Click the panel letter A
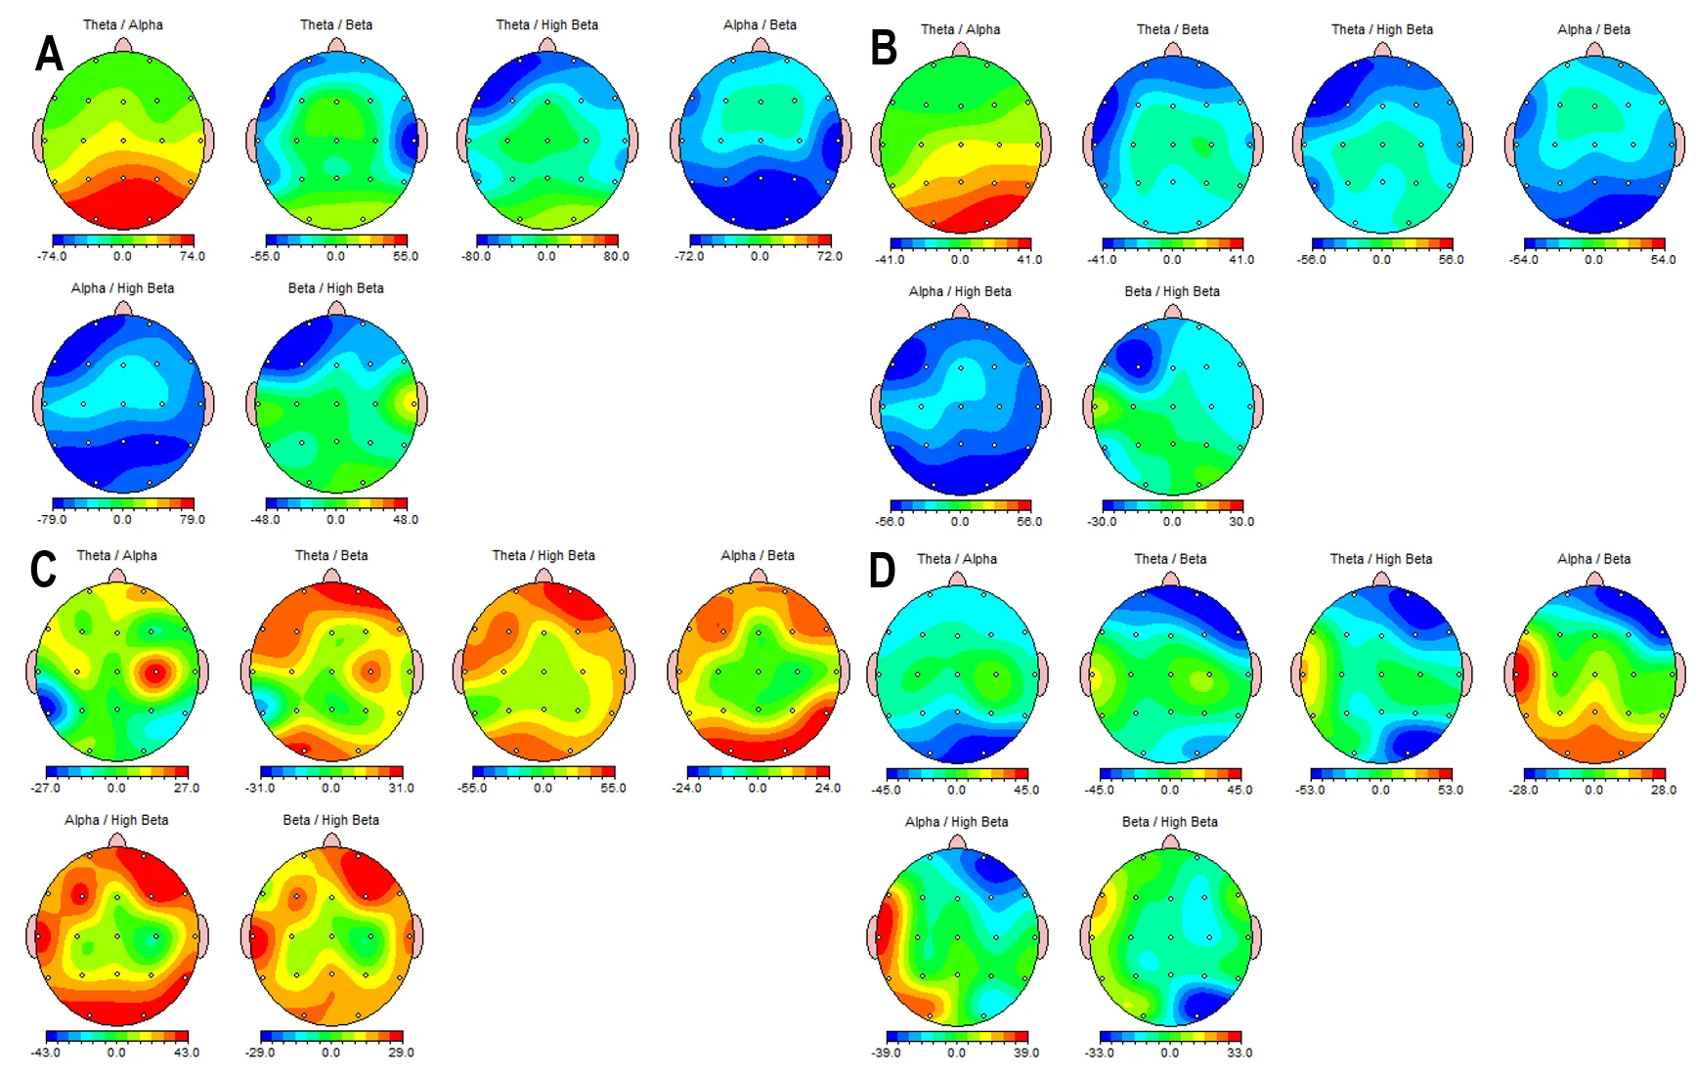[49, 53]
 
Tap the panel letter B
[884, 48]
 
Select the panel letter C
[43, 570]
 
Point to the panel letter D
[882, 570]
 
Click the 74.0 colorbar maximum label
[193, 257]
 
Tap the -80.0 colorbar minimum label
[476, 257]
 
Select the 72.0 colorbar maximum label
[829, 257]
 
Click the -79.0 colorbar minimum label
[52, 520]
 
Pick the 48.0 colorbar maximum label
[406, 520]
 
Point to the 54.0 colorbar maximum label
[1663, 260]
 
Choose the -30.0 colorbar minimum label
[1102, 522]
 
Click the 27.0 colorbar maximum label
[186, 788]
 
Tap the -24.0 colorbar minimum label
[687, 788]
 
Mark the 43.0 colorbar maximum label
[186, 1053]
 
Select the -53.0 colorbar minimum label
[1310, 790]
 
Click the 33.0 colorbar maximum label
[1239, 1053]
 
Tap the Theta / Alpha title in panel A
[123, 24]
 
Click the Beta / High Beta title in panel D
[1170, 822]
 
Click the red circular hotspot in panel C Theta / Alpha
[154, 672]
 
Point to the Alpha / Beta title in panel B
[1593, 29]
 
